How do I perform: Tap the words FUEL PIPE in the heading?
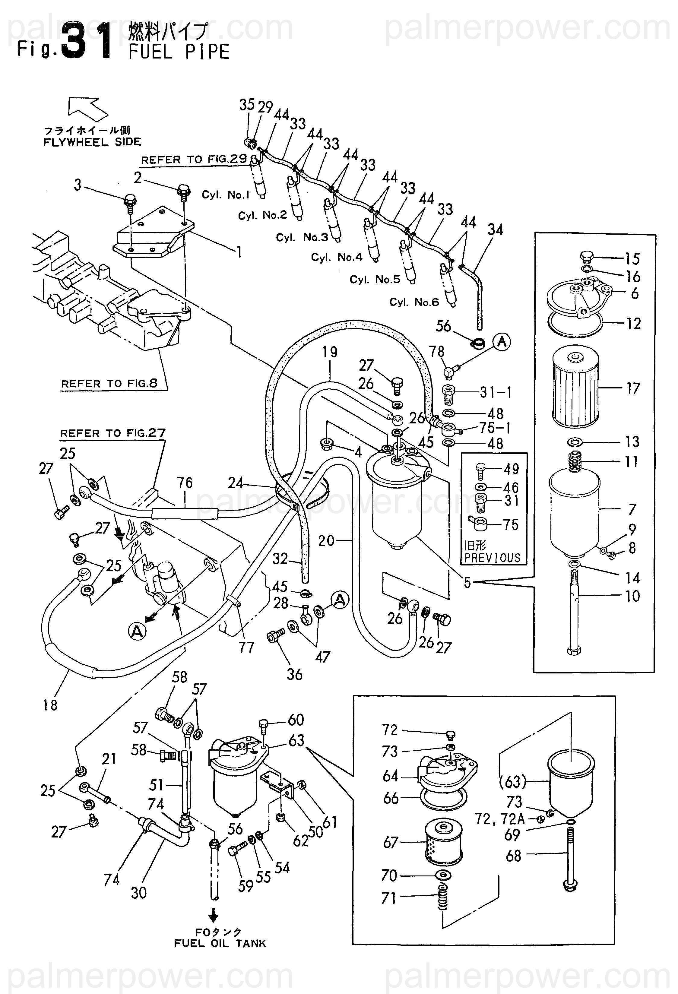click(179, 52)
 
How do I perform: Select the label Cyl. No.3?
click(302, 237)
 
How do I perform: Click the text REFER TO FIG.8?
click(109, 384)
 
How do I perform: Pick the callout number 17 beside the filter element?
click(633, 388)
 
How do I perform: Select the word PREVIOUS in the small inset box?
click(492, 558)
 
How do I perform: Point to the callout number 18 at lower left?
click(50, 705)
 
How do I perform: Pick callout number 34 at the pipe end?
click(495, 230)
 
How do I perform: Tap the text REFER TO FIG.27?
click(112, 433)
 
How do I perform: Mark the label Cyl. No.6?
click(414, 302)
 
